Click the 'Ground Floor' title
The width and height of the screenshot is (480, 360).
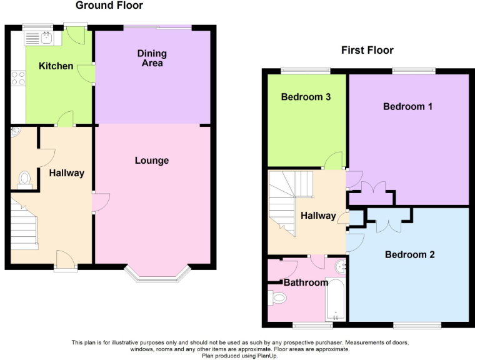(x=109, y=6)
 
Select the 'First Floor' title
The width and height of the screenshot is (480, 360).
(x=367, y=50)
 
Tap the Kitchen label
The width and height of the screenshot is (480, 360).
(x=56, y=66)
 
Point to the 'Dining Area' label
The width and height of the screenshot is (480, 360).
(x=150, y=58)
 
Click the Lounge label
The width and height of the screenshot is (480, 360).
(x=152, y=161)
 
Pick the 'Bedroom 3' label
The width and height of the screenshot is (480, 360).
(x=306, y=97)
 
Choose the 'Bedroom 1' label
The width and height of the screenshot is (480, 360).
(x=407, y=106)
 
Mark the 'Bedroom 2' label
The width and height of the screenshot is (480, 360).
(x=409, y=254)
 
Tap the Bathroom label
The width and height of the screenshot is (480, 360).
(x=306, y=282)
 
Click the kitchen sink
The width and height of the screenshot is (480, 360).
(x=42, y=37)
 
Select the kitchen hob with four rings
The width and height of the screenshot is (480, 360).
(x=18, y=79)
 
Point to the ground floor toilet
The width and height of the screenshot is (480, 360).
(x=24, y=179)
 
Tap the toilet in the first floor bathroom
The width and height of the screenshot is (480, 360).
(x=278, y=299)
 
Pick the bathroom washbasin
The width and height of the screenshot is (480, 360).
(x=341, y=267)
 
